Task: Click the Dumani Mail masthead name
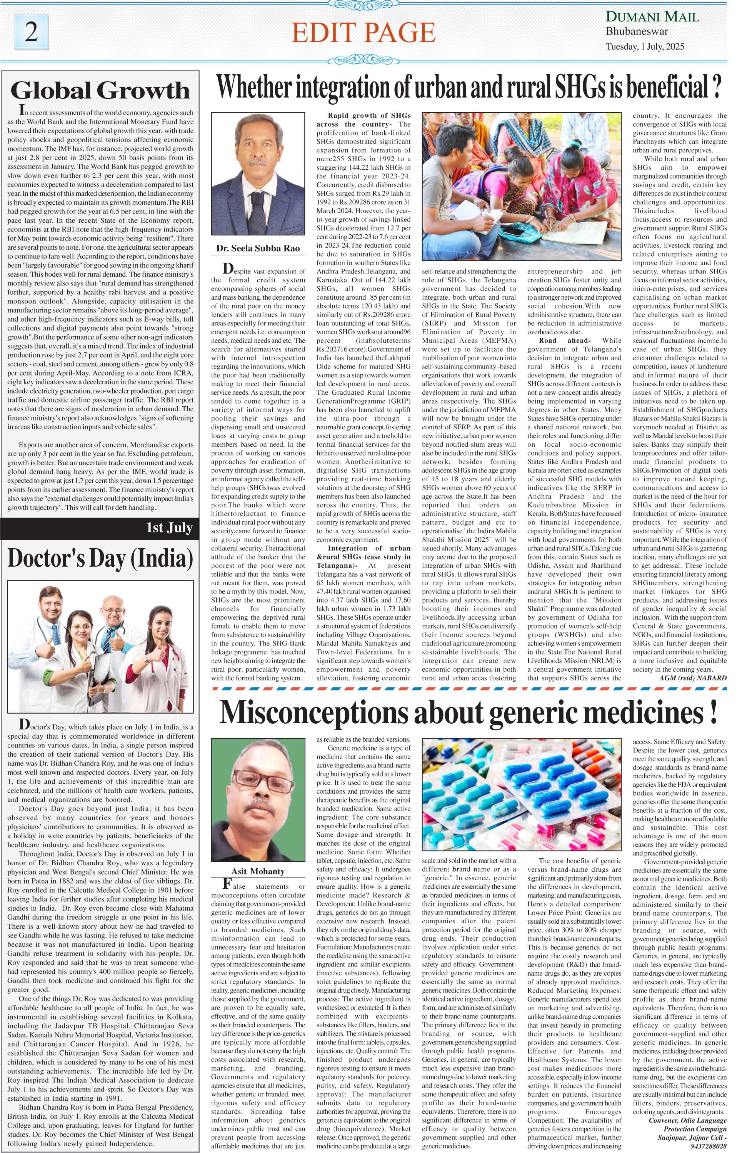coord(652,17)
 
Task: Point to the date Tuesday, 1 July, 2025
coord(645,47)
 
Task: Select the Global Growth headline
coord(100,90)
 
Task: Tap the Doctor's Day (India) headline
coord(100,559)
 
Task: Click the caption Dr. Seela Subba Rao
coord(258,249)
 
